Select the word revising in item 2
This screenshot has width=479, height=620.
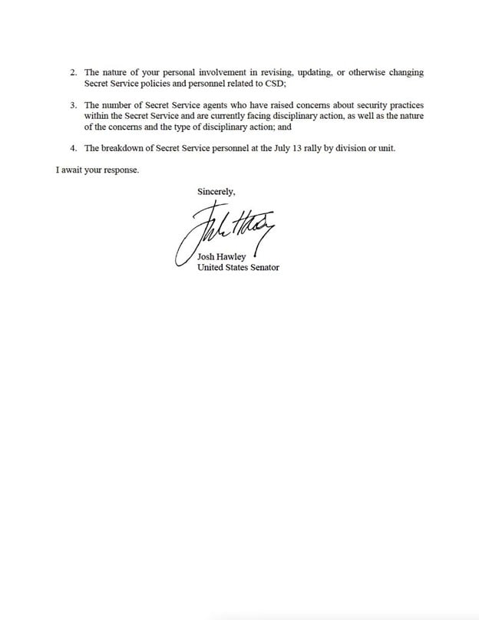point(277,72)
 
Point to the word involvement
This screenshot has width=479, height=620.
point(230,72)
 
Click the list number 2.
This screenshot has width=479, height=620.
point(72,72)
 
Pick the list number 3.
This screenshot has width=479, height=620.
point(72,105)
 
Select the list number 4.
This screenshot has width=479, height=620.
point(72,149)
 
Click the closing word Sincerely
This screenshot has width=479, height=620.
point(216,192)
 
